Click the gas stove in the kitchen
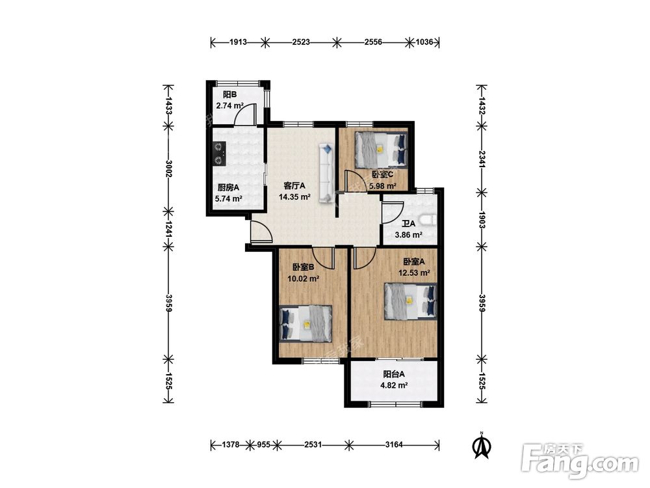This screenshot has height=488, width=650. point(219,154)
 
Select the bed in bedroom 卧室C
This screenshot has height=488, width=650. point(382,150)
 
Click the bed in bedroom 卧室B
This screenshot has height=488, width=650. point(306,323)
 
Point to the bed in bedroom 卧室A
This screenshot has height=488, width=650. point(411,301)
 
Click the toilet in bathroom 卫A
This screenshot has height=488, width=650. point(428,219)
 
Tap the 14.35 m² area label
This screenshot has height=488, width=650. point(294,197)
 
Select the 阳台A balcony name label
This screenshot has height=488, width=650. point(394,374)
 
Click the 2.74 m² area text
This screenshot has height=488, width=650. point(229,105)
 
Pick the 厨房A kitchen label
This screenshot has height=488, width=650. point(228,187)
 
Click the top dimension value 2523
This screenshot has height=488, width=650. point(301,42)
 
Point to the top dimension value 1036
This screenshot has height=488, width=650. point(424,42)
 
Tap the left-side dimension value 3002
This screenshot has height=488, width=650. point(168,168)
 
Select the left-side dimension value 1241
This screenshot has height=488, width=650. point(168,229)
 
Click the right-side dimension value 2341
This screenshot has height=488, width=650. point(482,159)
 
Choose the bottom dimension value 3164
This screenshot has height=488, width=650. point(394,445)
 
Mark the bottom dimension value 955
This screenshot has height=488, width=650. point(264,445)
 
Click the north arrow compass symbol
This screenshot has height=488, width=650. point(482,446)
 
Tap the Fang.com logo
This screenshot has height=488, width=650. point(580,461)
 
